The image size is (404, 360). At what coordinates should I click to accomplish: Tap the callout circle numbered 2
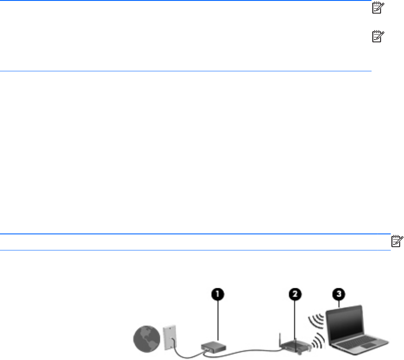pos(295,294)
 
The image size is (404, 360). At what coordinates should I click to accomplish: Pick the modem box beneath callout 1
pos(211,347)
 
